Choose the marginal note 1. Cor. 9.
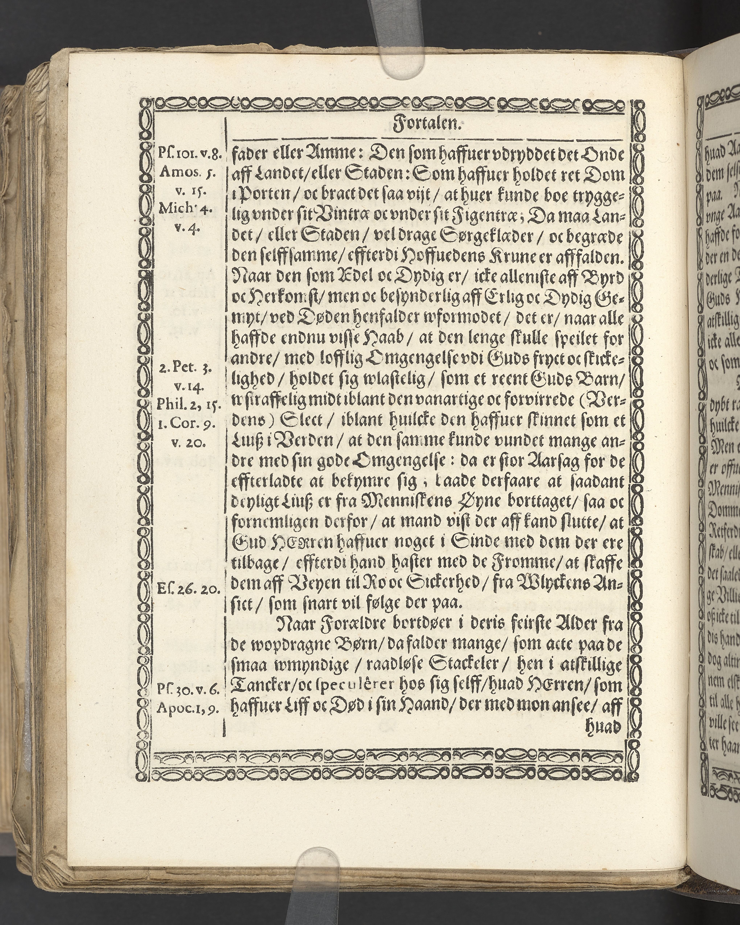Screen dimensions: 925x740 click(x=189, y=423)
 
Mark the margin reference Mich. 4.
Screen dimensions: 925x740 click(x=189, y=209)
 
